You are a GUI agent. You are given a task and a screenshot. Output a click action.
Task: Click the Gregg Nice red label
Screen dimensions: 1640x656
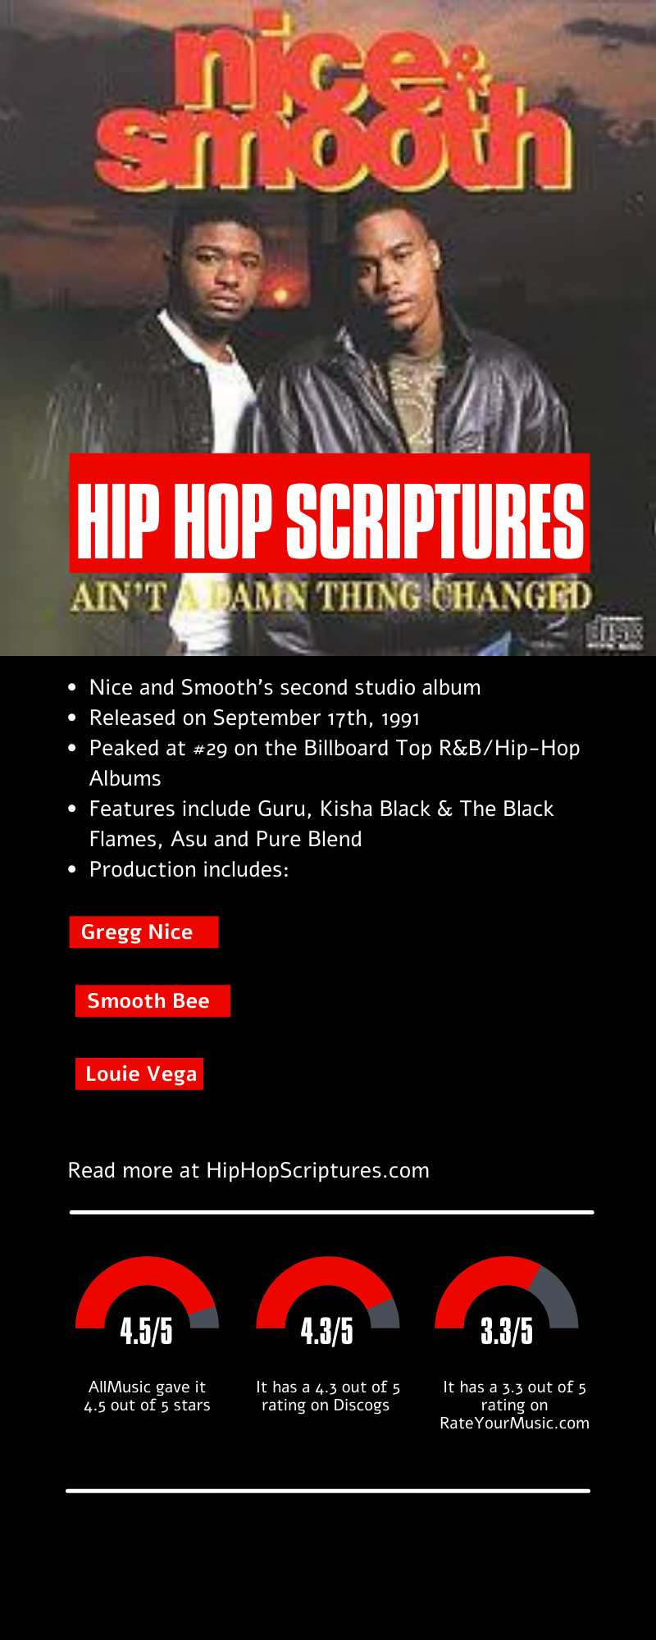[x=143, y=932]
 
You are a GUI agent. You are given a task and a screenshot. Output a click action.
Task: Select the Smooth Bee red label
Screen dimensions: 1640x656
[x=153, y=1001]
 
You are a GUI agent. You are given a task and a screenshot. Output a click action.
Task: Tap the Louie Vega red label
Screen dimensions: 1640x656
[x=139, y=1074]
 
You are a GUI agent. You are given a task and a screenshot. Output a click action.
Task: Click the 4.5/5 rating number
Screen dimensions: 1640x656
[x=147, y=1330]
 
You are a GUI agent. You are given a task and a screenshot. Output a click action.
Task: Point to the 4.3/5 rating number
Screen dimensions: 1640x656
[x=327, y=1330]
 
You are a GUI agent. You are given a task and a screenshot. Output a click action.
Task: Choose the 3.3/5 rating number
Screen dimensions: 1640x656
[x=507, y=1330]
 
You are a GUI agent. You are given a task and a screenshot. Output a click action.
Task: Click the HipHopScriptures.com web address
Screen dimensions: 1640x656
[x=317, y=1170]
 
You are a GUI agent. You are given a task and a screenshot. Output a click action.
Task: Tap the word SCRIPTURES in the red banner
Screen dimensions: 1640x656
[x=435, y=520]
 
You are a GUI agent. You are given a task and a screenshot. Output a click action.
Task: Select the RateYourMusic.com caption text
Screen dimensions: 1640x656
[x=514, y=1423]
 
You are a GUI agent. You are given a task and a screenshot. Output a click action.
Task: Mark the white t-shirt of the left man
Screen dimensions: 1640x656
[x=217, y=385]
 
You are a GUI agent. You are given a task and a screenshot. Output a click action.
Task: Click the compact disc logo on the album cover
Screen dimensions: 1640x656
[x=614, y=633]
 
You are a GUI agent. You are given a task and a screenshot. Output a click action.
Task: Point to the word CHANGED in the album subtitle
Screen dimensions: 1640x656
[x=511, y=597]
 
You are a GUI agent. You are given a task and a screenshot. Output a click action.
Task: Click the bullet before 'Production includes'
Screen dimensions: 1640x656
[x=72, y=869]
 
